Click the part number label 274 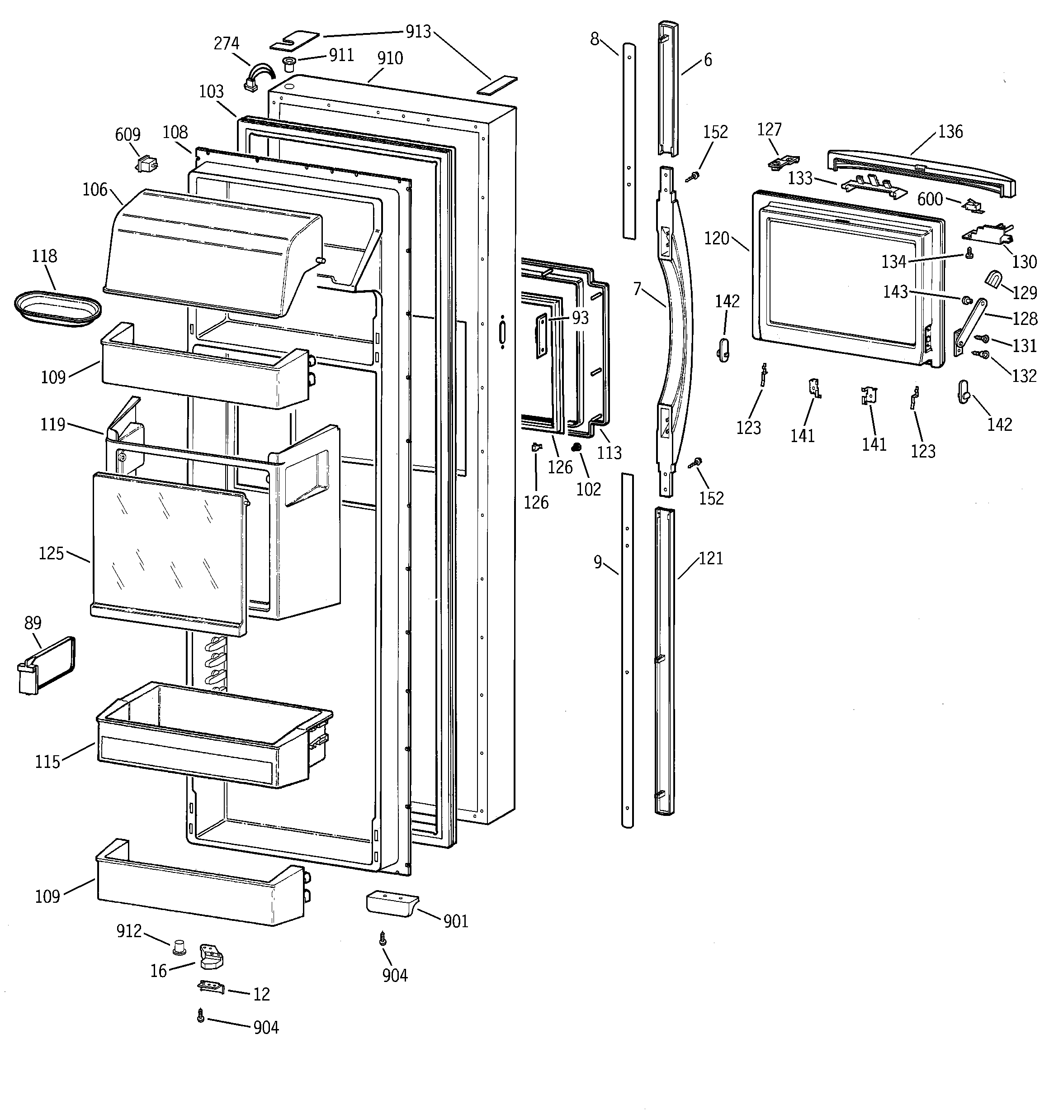[x=227, y=43]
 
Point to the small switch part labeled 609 [x=146, y=165]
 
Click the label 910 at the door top [x=390, y=58]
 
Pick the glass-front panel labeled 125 [x=168, y=555]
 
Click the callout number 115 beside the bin [x=47, y=762]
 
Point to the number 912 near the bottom [x=129, y=931]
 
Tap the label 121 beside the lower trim [x=711, y=558]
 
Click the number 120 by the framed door [x=716, y=238]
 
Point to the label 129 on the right [x=1024, y=292]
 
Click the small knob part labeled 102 [x=576, y=448]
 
